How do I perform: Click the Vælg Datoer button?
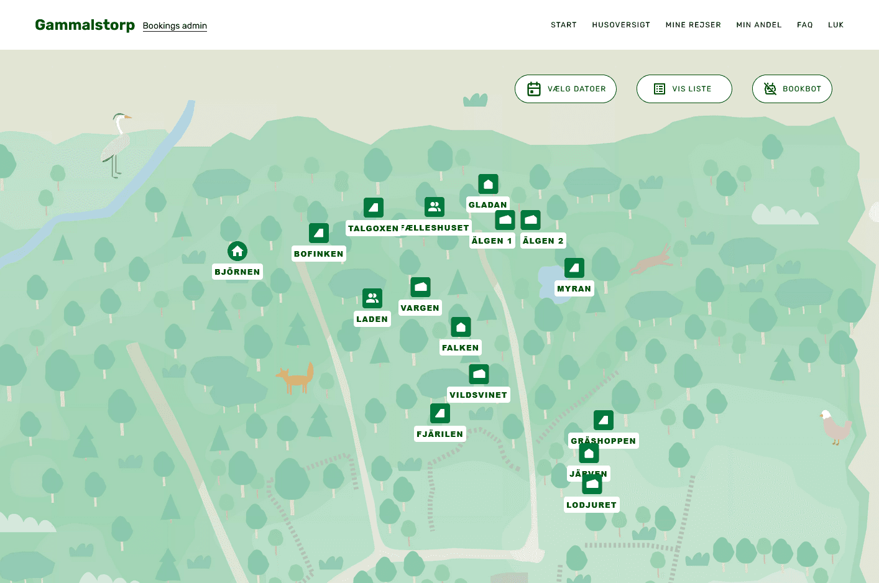566,89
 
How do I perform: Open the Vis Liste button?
684,89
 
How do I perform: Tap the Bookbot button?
792,89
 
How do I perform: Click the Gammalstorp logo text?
85,25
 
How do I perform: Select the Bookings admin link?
175,25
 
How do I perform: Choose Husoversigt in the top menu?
621,25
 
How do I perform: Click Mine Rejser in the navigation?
693,25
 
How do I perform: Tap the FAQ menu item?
805,25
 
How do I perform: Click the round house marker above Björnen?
237,251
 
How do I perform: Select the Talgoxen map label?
373,228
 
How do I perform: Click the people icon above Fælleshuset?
435,207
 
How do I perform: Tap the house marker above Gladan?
488,184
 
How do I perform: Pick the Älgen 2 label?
543,241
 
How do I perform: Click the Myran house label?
574,288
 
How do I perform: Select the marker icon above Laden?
372,298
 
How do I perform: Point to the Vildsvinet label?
479,395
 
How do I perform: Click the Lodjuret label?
591,505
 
